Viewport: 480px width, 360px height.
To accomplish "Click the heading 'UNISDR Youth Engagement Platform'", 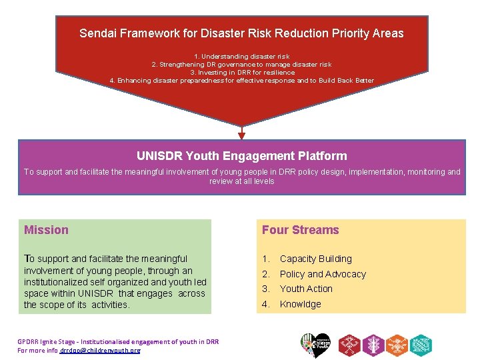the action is pos(241,156).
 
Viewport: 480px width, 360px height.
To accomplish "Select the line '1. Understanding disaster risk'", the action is pos(241,57).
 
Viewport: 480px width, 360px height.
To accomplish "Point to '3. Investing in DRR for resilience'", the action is pos(241,73).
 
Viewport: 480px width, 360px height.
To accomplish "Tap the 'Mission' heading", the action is pos(46,230).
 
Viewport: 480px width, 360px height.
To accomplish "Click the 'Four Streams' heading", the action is pos(300,230).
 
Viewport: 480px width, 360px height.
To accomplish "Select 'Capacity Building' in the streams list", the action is pos(315,259).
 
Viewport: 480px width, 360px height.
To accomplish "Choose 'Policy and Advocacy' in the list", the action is pos(323,274).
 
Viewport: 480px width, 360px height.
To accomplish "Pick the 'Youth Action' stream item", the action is pos(306,289).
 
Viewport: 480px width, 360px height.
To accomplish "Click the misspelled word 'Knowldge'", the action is pos(300,304).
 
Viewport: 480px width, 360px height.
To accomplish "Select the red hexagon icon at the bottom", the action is pos(349,344).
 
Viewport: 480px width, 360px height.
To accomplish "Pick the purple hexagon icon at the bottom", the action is pos(373,344).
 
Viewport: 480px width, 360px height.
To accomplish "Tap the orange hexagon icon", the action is pos(397,344).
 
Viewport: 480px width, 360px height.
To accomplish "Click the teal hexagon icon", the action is pos(421,344).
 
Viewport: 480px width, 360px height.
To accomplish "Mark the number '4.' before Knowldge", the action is pos(266,304).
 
